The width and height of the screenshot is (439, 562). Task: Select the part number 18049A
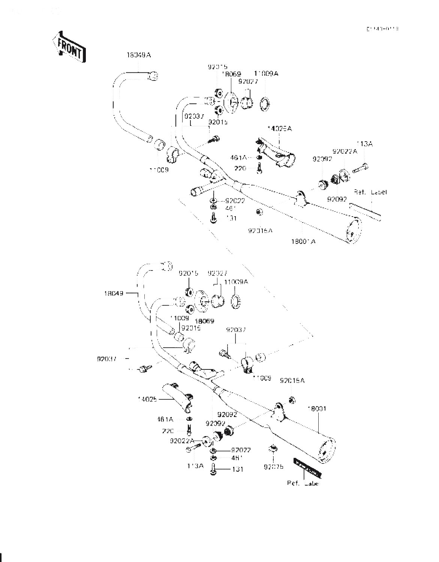tap(138, 55)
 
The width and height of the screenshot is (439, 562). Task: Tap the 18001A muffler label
tap(303, 241)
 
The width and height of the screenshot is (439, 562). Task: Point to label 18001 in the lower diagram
tap(316, 409)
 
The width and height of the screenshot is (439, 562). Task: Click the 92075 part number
tap(274, 467)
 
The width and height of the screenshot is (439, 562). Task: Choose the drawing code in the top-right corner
tap(382, 28)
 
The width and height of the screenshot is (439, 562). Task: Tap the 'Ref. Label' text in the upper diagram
tap(370, 192)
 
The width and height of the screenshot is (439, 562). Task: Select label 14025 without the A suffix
tap(147, 399)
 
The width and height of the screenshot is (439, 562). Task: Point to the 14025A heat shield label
tap(280, 129)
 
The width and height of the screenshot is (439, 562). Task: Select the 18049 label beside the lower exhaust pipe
tap(114, 293)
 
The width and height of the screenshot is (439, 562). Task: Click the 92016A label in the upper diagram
tap(260, 231)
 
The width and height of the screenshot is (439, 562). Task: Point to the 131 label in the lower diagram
tap(237, 469)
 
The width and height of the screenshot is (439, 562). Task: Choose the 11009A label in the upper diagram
tap(266, 74)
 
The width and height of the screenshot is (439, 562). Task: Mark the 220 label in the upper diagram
tap(240, 168)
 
